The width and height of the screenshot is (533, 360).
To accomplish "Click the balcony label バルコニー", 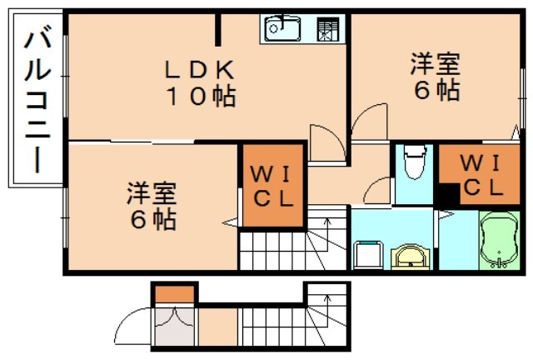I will [35, 100].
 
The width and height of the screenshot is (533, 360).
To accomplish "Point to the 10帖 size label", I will [200, 96].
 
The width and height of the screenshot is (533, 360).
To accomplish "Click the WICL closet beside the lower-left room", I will [272, 187].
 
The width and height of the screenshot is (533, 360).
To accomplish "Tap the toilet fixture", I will [411, 164].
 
